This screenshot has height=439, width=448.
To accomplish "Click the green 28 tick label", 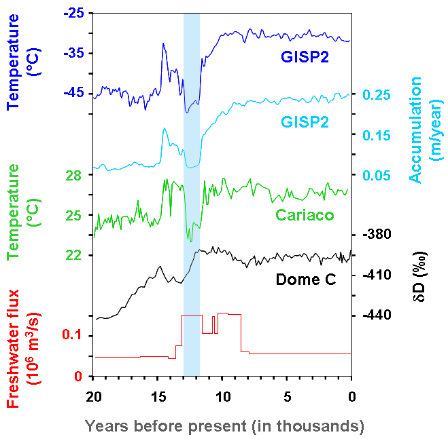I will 74,175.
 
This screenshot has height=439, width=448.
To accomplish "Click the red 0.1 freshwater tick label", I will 72,336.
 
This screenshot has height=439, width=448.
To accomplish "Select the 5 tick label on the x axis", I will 287,395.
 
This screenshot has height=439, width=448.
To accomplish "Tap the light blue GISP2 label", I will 305,122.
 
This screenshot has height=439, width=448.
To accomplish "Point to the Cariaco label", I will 304,215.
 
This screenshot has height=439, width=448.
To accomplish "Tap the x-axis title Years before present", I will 224,426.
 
